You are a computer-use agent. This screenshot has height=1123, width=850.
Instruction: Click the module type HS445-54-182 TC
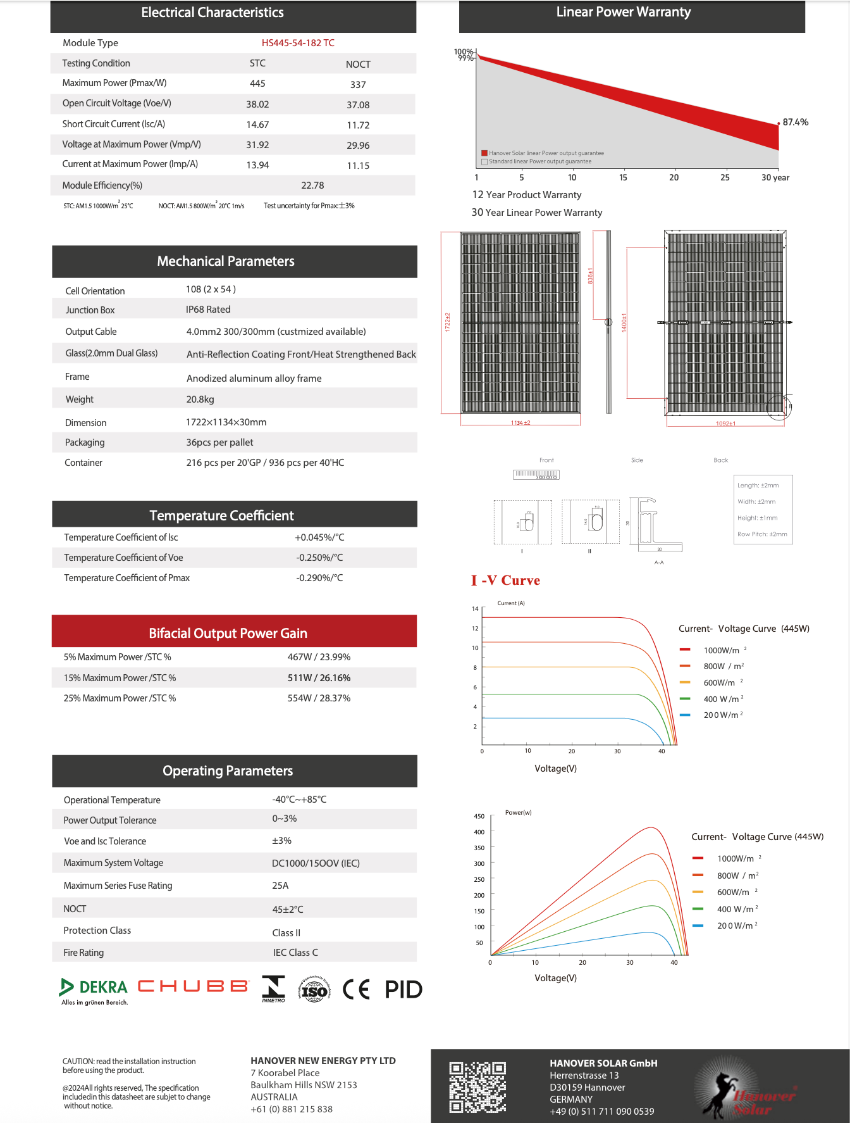pyautogui.click(x=298, y=43)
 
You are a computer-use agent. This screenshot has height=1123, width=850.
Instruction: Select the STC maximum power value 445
pyautogui.click(x=257, y=84)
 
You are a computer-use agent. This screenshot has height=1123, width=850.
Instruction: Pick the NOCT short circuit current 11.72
pyautogui.click(x=358, y=125)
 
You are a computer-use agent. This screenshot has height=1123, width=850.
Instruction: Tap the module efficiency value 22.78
pyautogui.click(x=312, y=185)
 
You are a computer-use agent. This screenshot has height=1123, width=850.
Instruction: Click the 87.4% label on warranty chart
pyautogui.click(x=795, y=122)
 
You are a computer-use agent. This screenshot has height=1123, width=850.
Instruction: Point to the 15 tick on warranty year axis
pyautogui.click(x=623, y=178)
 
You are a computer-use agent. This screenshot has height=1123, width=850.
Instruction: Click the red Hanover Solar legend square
pyautogui.click(x=484, y=153)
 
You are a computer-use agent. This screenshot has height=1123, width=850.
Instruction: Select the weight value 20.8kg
pyautogui.click(x=200, y=399)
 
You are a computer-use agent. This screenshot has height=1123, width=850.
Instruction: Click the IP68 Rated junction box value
pyautogui.click(x=208, y=310)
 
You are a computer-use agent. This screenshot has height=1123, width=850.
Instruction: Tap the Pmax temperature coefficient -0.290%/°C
pyautogui.click(x=319, y=578)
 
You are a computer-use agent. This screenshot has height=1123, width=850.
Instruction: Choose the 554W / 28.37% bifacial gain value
pyautogui.click(x=319, y=698)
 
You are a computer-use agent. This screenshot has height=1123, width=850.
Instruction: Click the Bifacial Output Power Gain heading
pyautogui.click(x=228, y=633)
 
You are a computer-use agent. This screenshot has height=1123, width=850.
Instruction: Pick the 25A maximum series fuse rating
pyautogui.click(x=280, y=886)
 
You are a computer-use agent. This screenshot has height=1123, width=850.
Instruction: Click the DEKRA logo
pyautogui.click(x=94, y=988)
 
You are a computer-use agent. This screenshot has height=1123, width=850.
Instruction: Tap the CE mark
pyautogui.click(x=356, y=989)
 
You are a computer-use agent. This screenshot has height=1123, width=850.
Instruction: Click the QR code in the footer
pyautogui.click(x=477, y=1087)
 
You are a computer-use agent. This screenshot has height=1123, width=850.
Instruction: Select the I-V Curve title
pyautogui.click(x=505, y=580)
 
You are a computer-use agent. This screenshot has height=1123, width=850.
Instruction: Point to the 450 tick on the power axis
pyautogui.click(x=479, y=817)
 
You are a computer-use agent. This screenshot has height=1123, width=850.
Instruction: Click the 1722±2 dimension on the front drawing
pyautogui.click(x=447, y=322)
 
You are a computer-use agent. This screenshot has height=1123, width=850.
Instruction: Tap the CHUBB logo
pyautogui.click(x=193, y=986)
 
